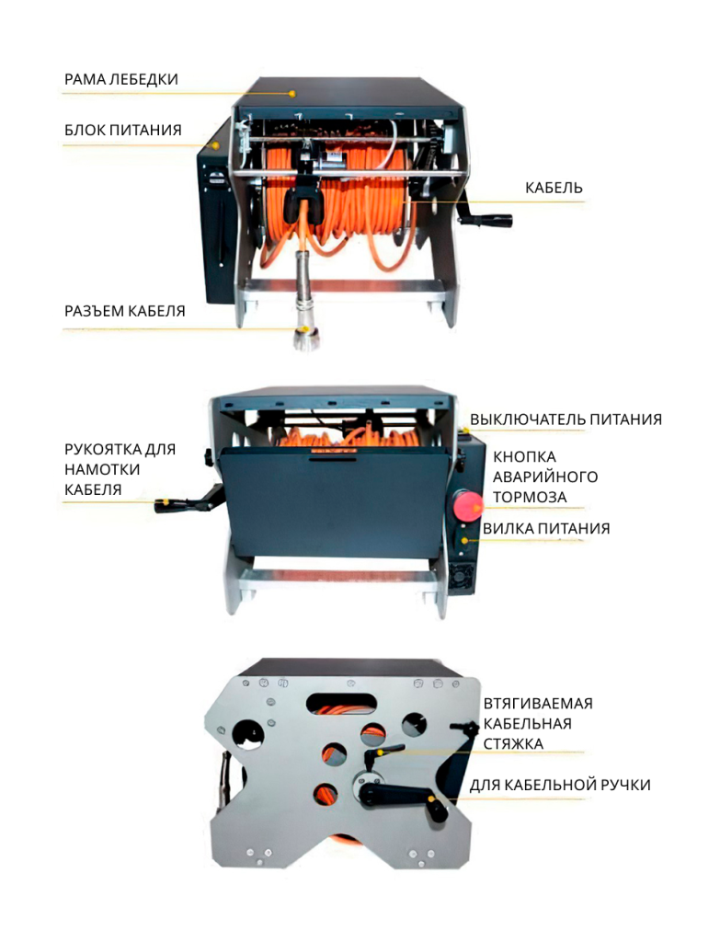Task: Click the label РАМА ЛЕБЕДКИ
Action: [x=121, y=79]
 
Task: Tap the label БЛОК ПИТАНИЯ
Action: [x=123, y=130]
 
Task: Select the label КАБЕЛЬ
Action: [x=554, y=188]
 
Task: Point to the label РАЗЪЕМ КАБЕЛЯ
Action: [x=125, y=311]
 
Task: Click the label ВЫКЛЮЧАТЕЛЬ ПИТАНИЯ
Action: [x=566, y=419]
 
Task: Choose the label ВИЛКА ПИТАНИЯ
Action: [x=546, y=529]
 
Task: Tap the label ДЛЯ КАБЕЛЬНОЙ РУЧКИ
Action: [x=560, y=786]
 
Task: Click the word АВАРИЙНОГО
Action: [x=545, y=477]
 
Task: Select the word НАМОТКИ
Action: [x=102, y=469]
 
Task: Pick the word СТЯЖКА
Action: [x=513, y=743]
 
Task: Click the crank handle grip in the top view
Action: [x=496, y=221]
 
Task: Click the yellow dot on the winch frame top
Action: [x=292, y=94]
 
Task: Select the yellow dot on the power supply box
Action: [x=215, y=145]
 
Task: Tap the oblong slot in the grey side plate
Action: [x=342, y=702]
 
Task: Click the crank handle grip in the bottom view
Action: [x=438, y=808]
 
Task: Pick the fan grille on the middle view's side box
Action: [x=463, y=576]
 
